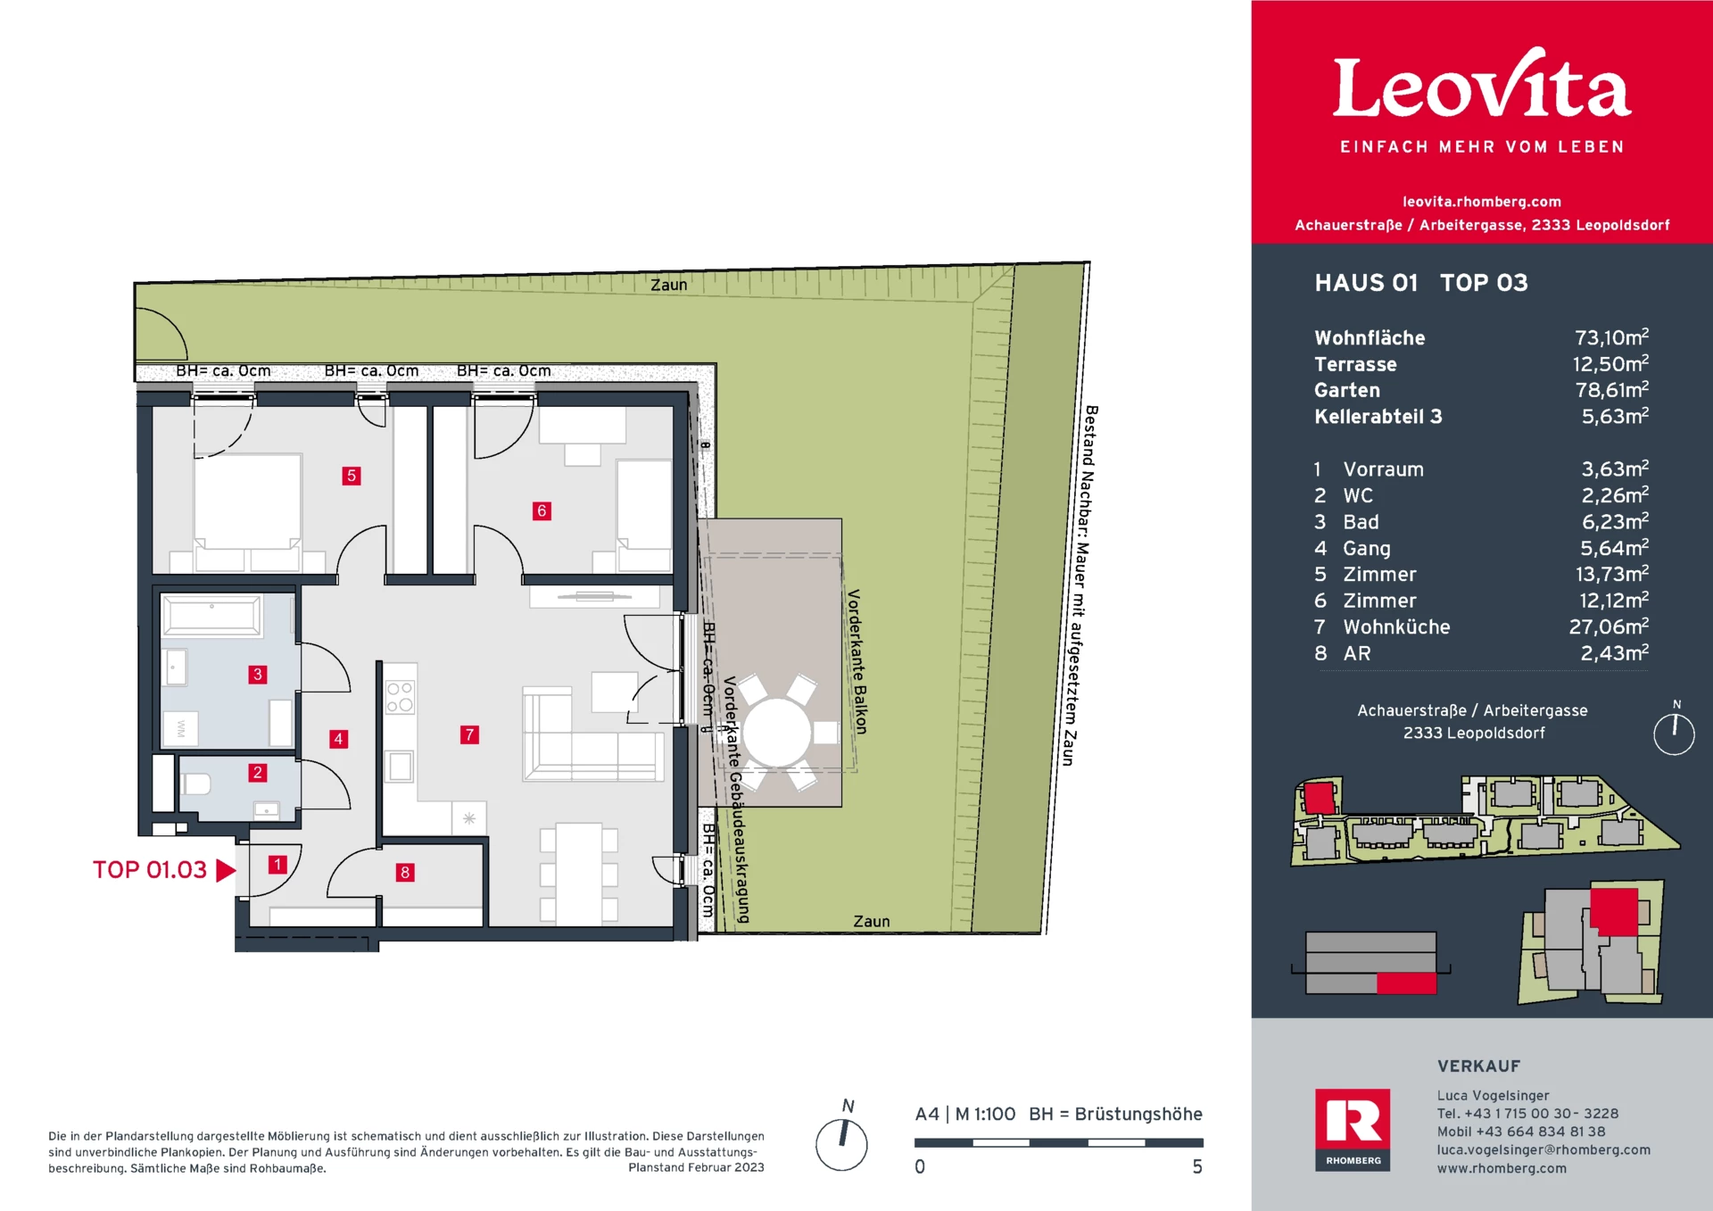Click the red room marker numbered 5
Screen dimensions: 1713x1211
point(352,476)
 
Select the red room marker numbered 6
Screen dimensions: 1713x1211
point(542,510)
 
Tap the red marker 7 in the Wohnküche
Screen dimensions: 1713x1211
point(469,734)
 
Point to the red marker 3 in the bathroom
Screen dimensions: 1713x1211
point(258,674)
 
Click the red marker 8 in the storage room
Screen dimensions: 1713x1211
point(405,872)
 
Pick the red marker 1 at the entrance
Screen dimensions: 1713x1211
point(278,864)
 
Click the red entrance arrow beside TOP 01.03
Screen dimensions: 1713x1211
point(226,870)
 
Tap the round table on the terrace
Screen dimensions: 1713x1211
point(777,733)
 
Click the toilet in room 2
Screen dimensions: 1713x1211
point(195,784)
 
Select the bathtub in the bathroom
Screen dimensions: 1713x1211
point(211,616)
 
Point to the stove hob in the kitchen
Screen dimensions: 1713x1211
point(400,697)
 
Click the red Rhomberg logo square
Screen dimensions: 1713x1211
point(1353,1129)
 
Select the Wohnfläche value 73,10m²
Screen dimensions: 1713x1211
point(1611,337)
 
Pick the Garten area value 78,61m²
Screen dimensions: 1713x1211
point(1611,390)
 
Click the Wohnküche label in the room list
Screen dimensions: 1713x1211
point(1396,627)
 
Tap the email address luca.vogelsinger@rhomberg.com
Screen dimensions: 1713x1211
point(1543,1149)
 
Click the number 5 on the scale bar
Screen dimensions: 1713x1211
point(1197,1166)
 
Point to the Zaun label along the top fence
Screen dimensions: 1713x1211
point(669,285)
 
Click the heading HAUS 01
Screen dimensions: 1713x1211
point(1366,283)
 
